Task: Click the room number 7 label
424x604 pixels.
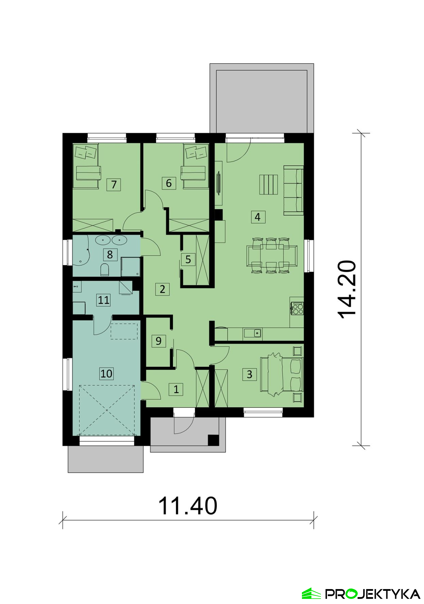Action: pos(114,185)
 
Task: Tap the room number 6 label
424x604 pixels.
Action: pos(169,183)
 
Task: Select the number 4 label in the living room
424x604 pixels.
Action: pos(257,216)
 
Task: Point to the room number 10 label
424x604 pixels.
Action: pos(106,374)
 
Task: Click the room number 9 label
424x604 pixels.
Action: pos(158,341)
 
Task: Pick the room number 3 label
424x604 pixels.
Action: pos(249,374)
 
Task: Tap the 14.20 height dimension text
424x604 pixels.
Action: pos(347,289)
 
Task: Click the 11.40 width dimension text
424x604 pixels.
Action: pos(188,506)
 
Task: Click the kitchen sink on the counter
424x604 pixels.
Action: pos(252,333)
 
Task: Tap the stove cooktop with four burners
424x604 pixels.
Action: pos(297,308)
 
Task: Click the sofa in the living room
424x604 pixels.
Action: pos(293,190)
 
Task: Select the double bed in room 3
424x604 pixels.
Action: pos(282,374)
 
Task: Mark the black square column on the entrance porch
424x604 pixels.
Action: pos(213,440)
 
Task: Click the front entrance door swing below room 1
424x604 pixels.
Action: pos(184,425)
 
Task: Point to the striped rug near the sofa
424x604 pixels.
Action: pos(269,184)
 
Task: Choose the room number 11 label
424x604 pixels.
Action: pos(103,300)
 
